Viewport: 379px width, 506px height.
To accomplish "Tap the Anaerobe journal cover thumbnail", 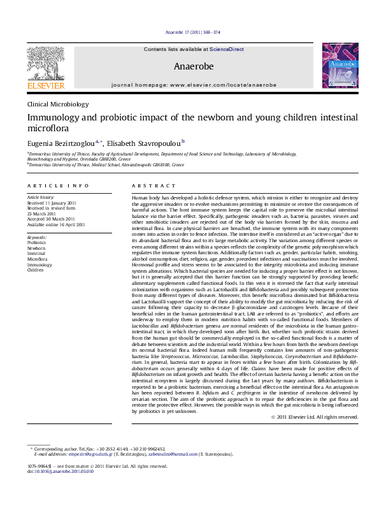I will point(340,66).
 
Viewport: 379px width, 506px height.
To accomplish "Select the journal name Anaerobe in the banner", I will point(193,66).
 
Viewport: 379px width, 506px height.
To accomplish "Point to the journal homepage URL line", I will point(193,84).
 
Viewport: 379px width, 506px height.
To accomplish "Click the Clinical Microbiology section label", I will point(58,104).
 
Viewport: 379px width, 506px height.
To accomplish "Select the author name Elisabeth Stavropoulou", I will point(143,143).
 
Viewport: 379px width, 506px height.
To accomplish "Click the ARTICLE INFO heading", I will point(58,185).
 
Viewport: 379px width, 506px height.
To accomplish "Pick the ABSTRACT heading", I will point(149,185).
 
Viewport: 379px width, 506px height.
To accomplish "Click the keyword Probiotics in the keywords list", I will point(37,243).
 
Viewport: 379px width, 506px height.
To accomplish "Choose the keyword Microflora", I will point(37,259).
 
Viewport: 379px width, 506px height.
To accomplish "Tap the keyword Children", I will point(36,270).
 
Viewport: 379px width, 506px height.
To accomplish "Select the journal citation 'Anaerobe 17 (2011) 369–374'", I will point(192,32).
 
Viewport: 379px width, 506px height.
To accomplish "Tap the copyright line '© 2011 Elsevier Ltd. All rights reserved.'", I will point(315,417).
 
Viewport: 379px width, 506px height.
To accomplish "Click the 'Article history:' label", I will point(41,198).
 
